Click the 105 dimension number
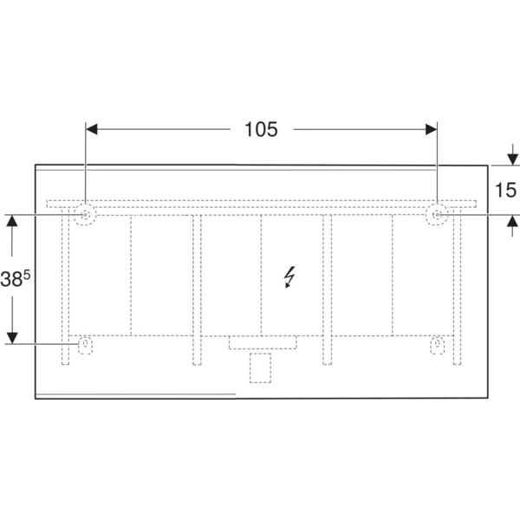click(x=261, y=129)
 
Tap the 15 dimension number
click(x=505, y=190)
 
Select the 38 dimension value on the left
click(x=11, y=279)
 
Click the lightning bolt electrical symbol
click(x=289, y=276)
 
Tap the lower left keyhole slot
click(x=85, y=345)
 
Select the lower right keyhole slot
click(x=437, y=345)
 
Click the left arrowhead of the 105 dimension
click(x=92, y=129)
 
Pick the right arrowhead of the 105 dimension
click(x=431, y=129)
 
